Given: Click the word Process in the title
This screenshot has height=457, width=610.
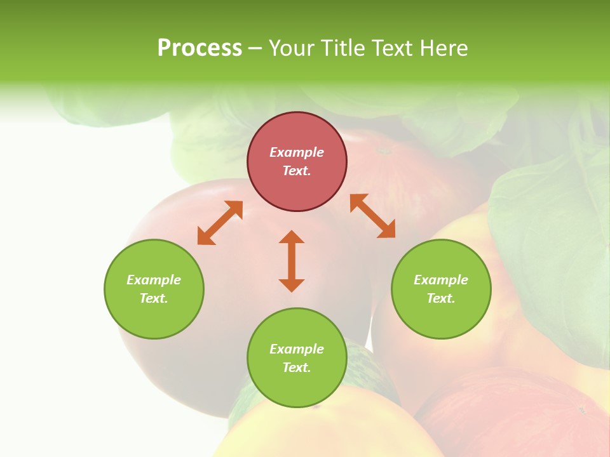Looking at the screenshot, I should [x=200, y=48].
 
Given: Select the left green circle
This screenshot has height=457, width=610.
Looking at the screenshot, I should [x=154, y=317].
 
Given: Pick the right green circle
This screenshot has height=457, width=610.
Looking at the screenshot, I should [x=441, y=317].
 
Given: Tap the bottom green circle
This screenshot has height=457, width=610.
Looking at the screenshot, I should [x=297, y=387].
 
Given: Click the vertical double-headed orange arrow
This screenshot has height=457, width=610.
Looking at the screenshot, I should [x=292, y=261].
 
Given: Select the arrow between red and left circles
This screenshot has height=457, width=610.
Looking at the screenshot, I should [x=220, y=223].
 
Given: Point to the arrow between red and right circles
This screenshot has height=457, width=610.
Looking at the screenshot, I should [x=372, y=216].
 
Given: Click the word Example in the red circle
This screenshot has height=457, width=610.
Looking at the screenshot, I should [x=297, y=152].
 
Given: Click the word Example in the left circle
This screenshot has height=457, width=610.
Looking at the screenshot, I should [x=154, y=280].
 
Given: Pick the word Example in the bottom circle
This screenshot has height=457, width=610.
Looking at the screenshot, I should [x=297, y=349].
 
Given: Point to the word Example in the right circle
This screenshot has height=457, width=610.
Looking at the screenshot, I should [x=441, y=280].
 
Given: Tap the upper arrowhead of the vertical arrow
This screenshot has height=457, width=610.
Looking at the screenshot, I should [x=292, y=237].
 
